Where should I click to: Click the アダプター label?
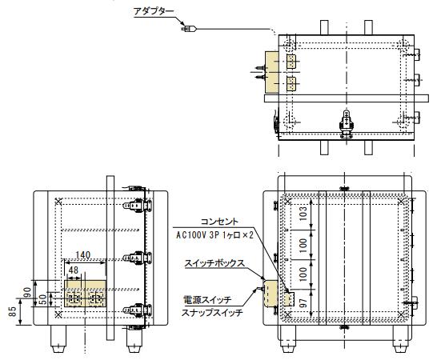[154, 11]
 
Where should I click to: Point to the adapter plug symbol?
[189, 29]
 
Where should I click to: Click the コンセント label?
[219, 222]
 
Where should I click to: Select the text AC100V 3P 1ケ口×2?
[214, 235]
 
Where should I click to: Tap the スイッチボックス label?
[214, 263]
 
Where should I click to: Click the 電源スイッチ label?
[207, 299]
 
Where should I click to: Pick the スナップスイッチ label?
[212, 313]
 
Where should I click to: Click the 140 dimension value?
[83, 254]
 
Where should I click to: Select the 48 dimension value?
[74, 270]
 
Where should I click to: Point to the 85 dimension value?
[12, 311]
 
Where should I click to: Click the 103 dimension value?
[303, 214]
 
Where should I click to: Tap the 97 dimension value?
[303, 302]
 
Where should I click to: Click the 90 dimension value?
[27, 293]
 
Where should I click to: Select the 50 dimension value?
[42, 299]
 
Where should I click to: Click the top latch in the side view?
[137, 206]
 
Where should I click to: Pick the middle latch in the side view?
[137, 258]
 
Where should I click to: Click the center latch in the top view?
[347, 124]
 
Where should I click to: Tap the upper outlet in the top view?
[291, 62]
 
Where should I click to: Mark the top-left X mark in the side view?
[58, 202]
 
